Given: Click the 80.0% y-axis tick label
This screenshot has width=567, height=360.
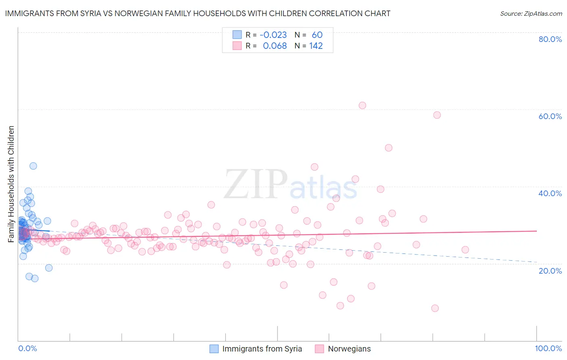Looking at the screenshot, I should coord(550,39).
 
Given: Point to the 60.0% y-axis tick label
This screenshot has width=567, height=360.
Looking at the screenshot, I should coord(550,116).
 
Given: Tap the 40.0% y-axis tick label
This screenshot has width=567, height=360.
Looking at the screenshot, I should coord(550,193).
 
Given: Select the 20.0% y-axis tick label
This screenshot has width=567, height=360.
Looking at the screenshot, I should coord(550,271).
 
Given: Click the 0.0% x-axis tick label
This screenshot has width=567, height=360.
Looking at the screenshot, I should coord(27,349).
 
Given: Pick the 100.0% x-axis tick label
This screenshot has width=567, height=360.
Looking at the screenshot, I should coord(548,349).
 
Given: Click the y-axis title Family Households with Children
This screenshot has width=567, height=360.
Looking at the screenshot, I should coord(11,184).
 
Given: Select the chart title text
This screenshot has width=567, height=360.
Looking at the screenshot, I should coord(198,13).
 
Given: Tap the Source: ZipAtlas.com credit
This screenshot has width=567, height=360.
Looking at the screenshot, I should coord(531,14).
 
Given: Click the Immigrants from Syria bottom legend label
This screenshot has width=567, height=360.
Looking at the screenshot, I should coord(262,349).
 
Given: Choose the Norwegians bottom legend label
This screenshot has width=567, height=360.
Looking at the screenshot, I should coord(349,349).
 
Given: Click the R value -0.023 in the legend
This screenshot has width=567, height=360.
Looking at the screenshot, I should coord(273,35).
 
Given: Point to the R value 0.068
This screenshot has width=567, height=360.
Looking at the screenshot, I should coord(275,46).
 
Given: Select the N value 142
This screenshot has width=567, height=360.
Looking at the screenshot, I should coord(316,46).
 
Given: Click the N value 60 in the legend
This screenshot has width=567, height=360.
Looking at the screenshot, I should coord(317,35).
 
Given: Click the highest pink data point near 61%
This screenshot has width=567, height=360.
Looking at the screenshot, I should coord(362,105).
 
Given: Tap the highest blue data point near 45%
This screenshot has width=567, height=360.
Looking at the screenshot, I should coord(33,166).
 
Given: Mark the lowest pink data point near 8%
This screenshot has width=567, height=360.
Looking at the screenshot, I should coord(435,308).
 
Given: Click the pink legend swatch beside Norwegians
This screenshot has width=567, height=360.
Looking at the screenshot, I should coord(319,349).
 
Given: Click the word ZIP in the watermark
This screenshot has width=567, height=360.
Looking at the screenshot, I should coord(255,184).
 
